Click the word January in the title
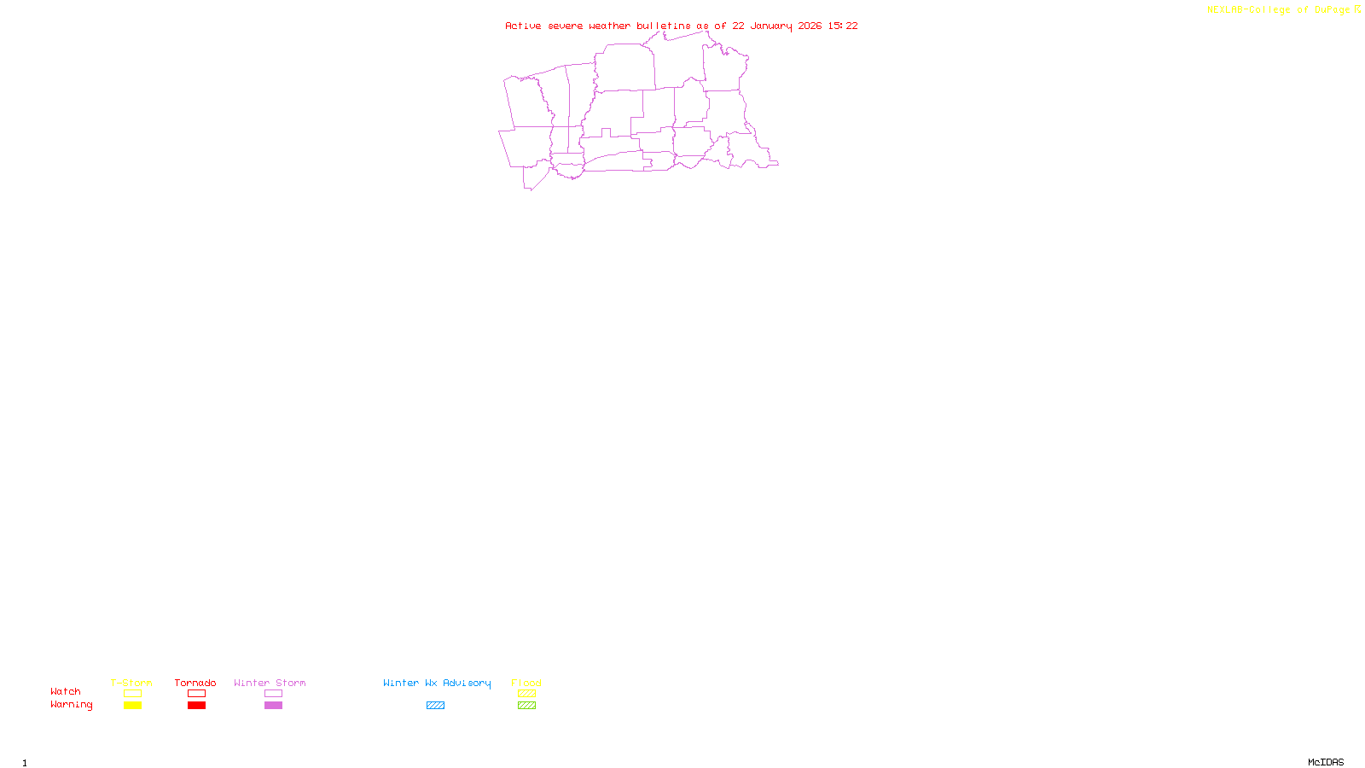pos(770,26)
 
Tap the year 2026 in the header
pos(810,26)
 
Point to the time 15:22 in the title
pos(843,26)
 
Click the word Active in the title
pos(523,26)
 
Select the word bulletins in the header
pos(664,26)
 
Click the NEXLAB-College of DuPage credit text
pos(1278,9)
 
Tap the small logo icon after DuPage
pos(1357,9)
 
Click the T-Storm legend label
pos(131,683)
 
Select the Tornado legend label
pos(195,683)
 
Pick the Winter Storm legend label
pos(270,683)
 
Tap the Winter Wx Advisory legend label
pos(437,683)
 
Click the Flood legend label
pos(526,683)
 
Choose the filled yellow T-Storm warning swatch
pos(132,706)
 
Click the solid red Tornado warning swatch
pos(196,706)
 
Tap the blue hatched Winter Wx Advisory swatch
pos(435,706)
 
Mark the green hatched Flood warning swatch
pos(526,706)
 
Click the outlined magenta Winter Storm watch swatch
pos(273,694)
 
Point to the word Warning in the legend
pos(71,705)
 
